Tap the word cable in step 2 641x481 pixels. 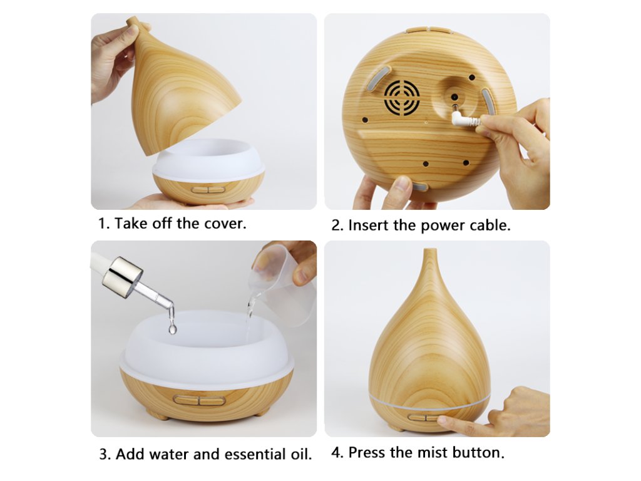click(x=490, y=225)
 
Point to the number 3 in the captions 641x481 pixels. click(x=104, y=455)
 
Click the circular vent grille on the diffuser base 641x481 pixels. click(x=402, y=97)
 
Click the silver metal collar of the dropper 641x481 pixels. click(x=122, y=272)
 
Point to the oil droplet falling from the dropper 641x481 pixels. click(x=173, y=328)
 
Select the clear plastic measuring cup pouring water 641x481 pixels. click(x=283, y=282)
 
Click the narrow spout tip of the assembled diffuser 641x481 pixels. click(x=428, y=251)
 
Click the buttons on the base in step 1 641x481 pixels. click(x=208, y=190)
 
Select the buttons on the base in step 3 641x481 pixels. click(x=200, y=400)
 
